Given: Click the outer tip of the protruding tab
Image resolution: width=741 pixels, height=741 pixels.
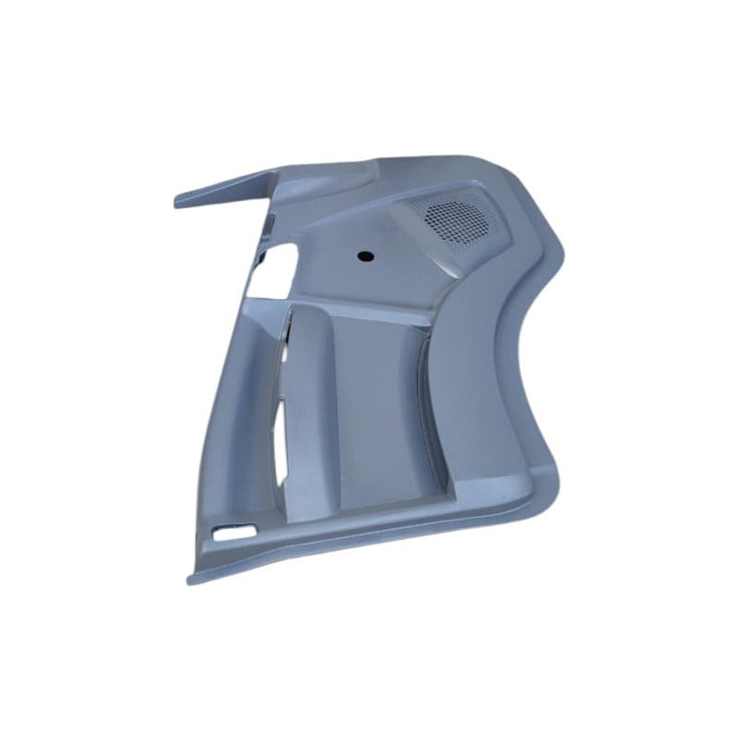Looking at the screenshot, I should tap(179, 201).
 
